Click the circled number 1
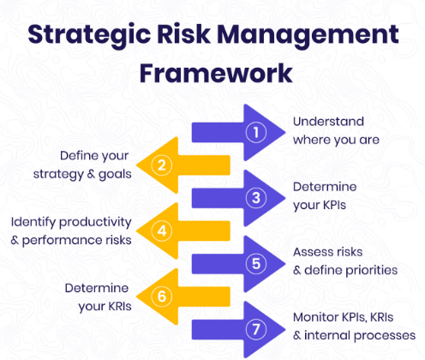click(256, 132)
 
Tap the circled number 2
click(162, 165)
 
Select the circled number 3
click(256, 198)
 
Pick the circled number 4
click(162, 231)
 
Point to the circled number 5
click(256, 263)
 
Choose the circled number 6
click(162, 297)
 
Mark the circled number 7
click(256, 329)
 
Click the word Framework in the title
click(216, 73)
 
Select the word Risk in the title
click(183, 34)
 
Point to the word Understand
click(328, 122)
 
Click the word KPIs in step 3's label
click(334, 205)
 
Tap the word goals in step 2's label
click(115, 175)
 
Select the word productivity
click(95, 223)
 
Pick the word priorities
click(372, 270)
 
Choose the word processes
click(385, 336)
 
